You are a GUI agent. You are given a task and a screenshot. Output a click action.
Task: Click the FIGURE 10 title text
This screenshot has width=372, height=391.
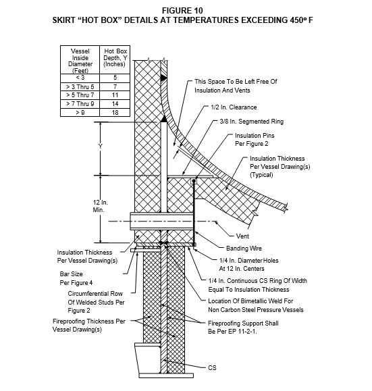point(182,11)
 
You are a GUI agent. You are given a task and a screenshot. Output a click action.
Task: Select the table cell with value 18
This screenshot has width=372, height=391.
point(115,113)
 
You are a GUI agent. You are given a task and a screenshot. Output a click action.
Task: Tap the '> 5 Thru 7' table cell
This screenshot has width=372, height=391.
point(80,95)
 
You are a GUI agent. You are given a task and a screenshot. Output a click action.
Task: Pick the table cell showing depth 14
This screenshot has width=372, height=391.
point(115,104)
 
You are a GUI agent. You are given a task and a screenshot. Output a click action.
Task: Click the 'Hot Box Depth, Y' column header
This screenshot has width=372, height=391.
point(115,57)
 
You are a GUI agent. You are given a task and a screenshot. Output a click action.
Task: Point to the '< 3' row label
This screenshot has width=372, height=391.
point(80,78)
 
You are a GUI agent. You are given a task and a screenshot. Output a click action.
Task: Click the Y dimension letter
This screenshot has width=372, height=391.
point(100,146)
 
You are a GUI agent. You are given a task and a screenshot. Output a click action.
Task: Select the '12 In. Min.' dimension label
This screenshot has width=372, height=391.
point(100,206)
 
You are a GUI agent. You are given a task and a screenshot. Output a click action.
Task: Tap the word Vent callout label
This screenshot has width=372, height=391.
point(242,236)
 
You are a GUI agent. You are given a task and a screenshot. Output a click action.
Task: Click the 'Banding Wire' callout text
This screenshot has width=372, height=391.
point(244,249)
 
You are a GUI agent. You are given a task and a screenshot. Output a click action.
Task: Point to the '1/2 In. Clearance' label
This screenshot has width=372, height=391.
point(234,107)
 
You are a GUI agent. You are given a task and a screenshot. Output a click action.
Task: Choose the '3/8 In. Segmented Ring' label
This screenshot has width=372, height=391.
point(251,122)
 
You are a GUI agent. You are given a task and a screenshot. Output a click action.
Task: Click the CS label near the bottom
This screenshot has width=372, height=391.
point(212,367)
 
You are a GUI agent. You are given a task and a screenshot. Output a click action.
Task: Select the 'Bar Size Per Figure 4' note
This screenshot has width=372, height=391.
point(76,278)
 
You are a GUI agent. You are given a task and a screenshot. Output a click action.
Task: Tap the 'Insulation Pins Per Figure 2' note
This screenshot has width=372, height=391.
point(255,140)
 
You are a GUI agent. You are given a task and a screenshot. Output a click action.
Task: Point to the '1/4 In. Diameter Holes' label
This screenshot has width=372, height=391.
point(249,261)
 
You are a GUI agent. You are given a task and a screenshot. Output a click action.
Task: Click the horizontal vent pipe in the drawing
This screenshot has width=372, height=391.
point(161,221)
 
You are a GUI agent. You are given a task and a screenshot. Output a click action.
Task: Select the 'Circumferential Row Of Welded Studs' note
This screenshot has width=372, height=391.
point(96,302)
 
